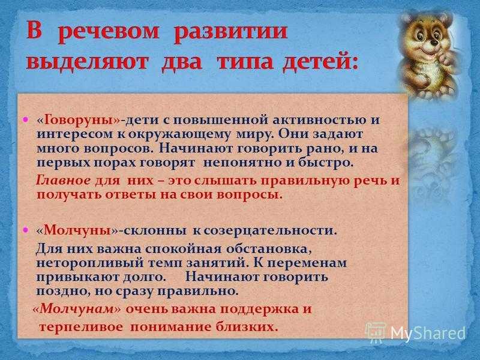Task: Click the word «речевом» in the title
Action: [x=109, y=32]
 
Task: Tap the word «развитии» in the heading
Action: [x=230, y=32]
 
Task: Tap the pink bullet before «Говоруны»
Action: [x=26, y=119]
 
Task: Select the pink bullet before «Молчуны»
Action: [x=26, y=229]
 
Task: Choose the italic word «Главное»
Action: [x=63, y=181]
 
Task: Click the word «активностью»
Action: [x=319, y=120]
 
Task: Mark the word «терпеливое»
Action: [x=82, y=328]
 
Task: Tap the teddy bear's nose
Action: [x=434, y=43]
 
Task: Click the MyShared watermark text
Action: [x=428, y=332]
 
